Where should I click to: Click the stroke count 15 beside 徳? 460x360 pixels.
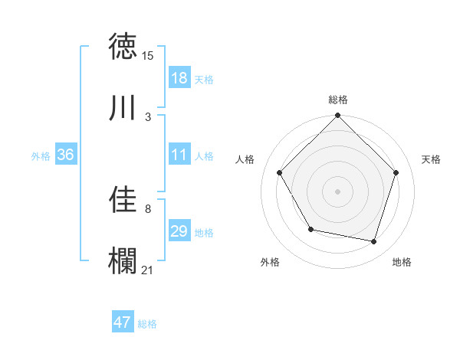(x=148, y=55)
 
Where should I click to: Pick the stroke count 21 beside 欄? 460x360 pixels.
(x=148, y=270)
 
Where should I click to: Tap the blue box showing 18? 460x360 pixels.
(x=179, y=78)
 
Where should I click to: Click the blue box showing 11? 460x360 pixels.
(x=179, y=155)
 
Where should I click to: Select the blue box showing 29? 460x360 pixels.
(x=179, y=231)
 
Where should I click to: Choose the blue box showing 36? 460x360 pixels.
(x=66, y=155)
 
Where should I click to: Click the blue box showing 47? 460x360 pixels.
(x=123, y=322)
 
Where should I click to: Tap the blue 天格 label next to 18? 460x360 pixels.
(x=203, y=80)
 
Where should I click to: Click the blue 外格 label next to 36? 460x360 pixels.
(x=41, y=156)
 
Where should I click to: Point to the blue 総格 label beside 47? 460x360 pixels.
(x=147, y=324)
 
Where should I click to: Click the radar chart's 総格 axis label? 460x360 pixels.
(x=338, y=100)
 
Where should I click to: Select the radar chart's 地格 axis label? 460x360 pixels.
(x=402, y=262)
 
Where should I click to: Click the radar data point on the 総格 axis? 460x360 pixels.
(x=338, y=116)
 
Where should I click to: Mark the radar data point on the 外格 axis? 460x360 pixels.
(x=310, y=229)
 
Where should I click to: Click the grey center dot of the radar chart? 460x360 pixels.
(x=338, y=191)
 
